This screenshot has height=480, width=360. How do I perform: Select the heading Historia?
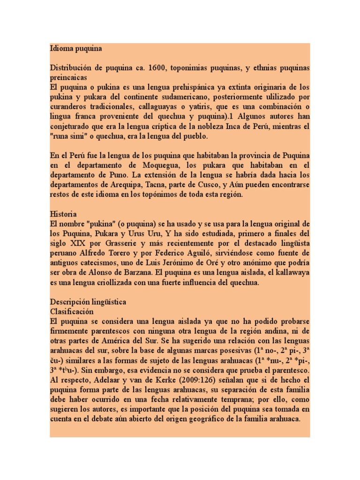click(63, 214)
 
